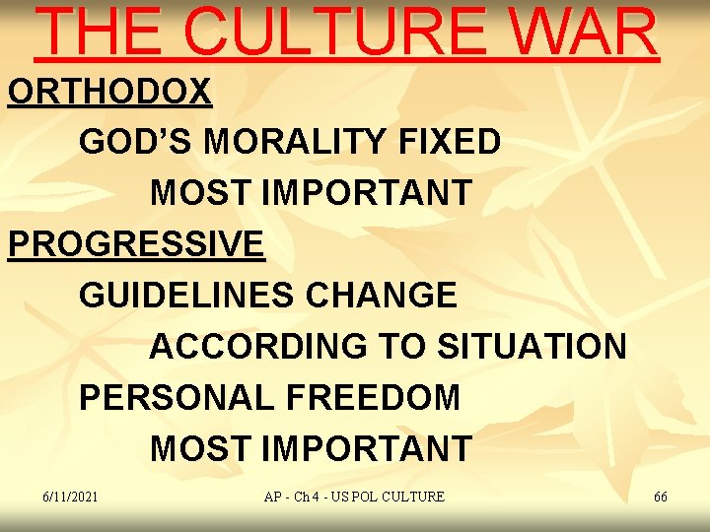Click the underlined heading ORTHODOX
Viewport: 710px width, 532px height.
[x=109, y=92]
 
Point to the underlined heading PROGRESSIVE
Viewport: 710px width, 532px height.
[x=136, y=243]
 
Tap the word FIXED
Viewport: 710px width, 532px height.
[x=451, y=142]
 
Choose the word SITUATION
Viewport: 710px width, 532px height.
[x=532, y=346]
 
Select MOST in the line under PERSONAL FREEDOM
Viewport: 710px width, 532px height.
[x=201, y=448]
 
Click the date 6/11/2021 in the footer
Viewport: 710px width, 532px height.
[x=71, y=497]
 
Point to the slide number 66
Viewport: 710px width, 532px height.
[x=661, y=497]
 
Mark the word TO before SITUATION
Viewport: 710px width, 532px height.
[x=404, y=346]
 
